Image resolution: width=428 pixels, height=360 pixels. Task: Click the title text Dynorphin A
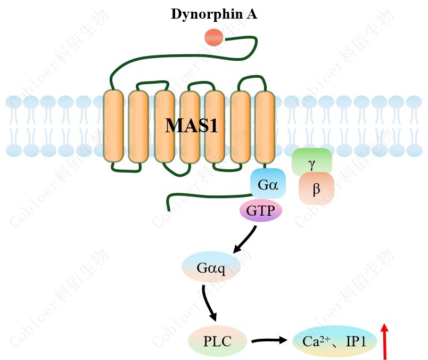point(214,14)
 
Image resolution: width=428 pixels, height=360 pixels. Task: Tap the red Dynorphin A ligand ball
point(214,38)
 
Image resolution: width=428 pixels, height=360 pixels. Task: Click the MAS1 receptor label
point(191,126)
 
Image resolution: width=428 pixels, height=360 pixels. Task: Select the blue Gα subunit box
point(268,185)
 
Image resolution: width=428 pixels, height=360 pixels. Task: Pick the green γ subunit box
point(311,161)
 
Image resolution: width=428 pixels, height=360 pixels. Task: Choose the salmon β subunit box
point(316,189)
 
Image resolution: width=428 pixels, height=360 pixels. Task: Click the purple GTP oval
point(260,211)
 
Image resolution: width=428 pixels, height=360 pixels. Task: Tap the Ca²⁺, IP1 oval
point(334,340)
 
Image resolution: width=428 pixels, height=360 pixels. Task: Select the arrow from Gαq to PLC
point(210,304)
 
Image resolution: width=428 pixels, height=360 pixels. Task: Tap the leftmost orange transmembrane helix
point(113,126)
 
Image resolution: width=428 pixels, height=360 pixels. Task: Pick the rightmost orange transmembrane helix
point(265,126)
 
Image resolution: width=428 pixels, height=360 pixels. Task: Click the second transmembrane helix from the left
point(138,126)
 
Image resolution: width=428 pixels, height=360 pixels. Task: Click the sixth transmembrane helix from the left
point(240,126)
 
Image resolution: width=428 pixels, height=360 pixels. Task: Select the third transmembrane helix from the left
point(164,126)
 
